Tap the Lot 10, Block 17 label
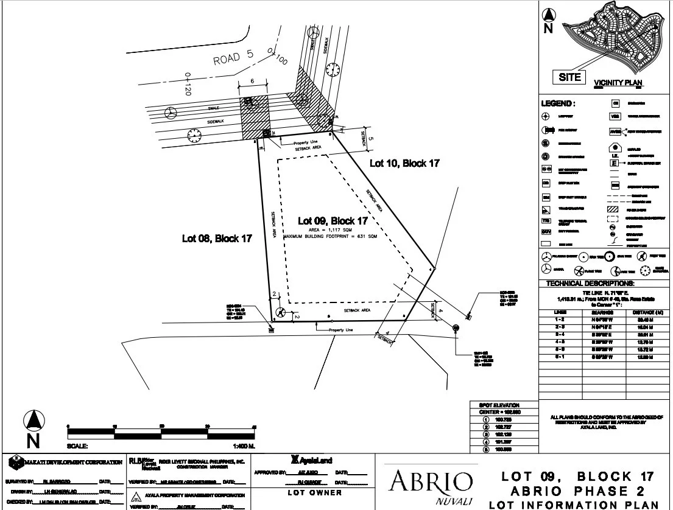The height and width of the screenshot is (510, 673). coord(404,163)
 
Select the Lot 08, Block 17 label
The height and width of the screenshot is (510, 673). coord(217,239)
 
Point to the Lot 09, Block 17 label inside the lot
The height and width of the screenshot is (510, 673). coord(333,220)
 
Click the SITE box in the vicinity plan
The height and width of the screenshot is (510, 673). coord(569,77)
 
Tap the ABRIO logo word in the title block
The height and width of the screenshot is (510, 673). coord(432,481)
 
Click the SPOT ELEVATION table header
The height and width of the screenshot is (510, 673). coord(503,405)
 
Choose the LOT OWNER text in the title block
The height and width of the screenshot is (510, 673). coord(314,492)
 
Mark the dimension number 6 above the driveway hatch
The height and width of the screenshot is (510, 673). coord(252,80)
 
